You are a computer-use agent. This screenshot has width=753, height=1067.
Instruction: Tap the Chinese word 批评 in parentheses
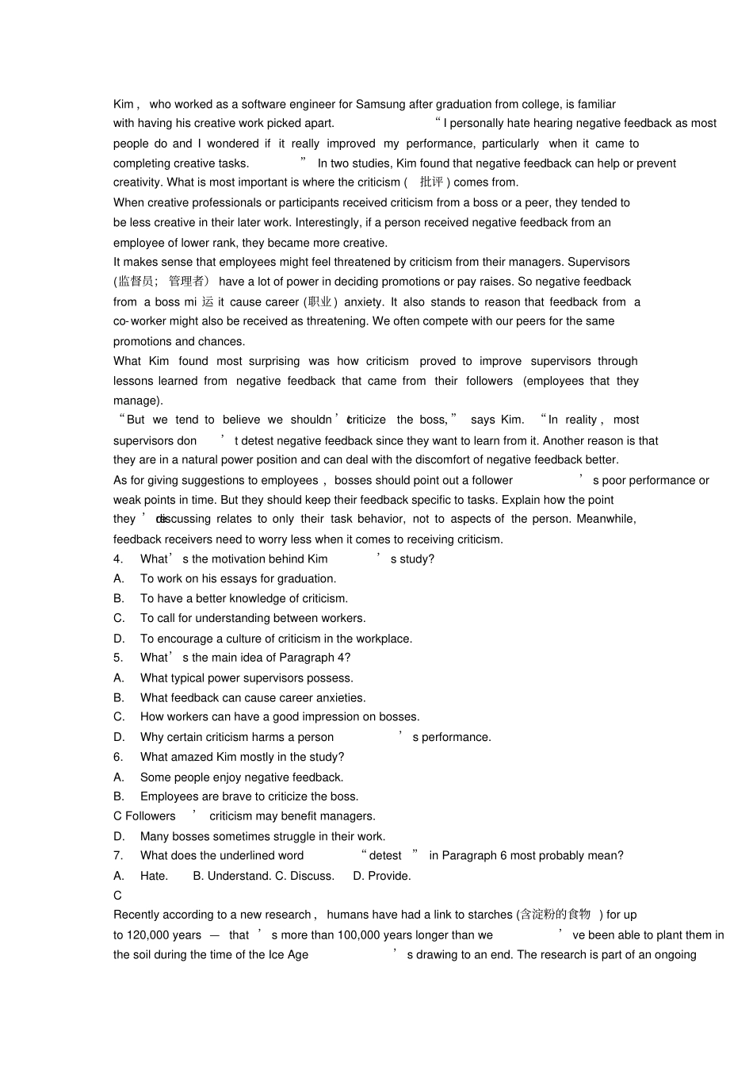432,182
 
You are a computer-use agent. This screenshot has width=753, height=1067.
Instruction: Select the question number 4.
117,559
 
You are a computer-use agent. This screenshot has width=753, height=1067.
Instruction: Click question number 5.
117,658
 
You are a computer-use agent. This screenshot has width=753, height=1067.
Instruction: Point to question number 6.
117,757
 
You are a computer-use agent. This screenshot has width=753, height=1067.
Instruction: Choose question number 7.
117,855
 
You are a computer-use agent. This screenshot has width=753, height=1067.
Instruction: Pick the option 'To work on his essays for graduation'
238,579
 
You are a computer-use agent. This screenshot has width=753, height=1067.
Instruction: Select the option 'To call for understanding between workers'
253,618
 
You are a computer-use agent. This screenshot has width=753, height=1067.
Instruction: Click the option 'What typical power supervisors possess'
247,678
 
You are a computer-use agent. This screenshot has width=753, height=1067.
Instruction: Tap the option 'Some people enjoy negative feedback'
242,777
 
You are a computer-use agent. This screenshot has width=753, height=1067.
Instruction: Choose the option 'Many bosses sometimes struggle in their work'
262,836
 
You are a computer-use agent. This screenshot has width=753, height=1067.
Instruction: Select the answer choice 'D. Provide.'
381,876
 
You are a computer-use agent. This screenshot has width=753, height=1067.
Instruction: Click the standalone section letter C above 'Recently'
117,896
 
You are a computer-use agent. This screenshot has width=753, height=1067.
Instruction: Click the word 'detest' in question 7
385,855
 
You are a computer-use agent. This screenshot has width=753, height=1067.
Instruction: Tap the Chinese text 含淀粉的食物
555,915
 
